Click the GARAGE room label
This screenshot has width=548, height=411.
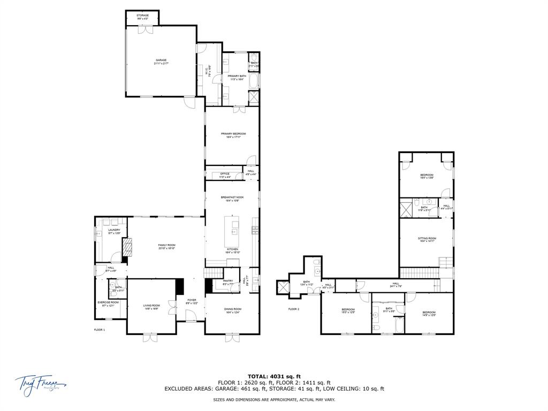161,60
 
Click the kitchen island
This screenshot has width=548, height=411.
234,231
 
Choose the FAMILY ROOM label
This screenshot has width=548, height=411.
167,245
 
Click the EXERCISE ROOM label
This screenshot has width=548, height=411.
108,302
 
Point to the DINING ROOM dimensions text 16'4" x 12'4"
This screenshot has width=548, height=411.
233,312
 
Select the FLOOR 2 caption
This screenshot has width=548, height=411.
294,309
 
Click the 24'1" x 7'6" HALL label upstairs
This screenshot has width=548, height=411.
395,286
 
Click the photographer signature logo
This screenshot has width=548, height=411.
40,383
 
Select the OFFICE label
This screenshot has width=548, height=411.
225,173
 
